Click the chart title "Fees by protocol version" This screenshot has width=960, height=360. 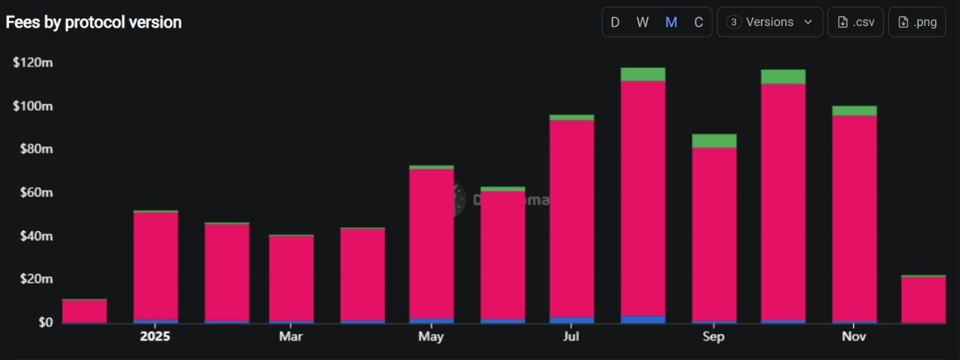[94, 22]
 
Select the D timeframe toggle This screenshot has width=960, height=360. [615, 22]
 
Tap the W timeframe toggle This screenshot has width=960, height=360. [643, 22]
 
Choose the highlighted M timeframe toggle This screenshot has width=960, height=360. [671, 22]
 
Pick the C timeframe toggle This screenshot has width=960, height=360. [698, 22]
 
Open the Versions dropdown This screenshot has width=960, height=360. [770, 22]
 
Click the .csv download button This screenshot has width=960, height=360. [856, 22]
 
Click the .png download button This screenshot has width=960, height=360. [916, 22]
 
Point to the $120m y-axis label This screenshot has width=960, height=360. [33, 63]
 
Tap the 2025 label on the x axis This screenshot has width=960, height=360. [155, 337]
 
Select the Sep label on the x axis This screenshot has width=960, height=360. [713, 337]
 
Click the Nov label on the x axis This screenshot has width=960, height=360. [854, 337]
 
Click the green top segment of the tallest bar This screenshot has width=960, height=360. [643, 74]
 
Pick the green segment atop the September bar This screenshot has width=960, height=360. [714, 141]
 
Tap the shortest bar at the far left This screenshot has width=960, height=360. [85, 311]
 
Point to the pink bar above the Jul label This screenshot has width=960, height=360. [571, 217]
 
